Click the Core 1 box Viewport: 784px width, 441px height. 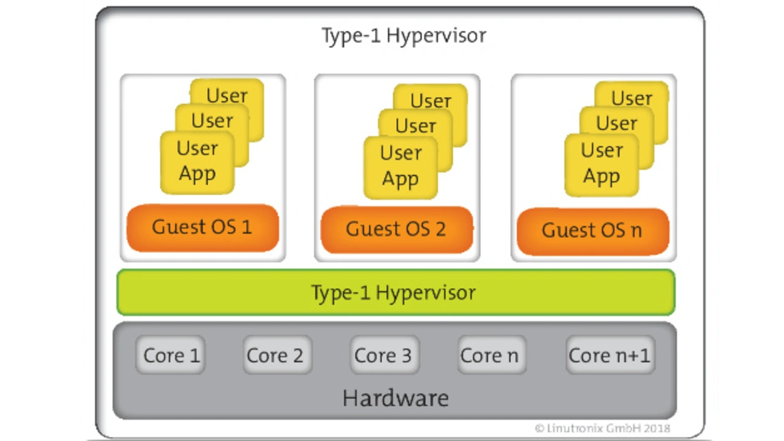point(170,355)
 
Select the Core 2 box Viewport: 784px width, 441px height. point(277,355)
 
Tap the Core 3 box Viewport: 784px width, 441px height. point(385,355)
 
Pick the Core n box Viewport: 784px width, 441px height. point(492,355)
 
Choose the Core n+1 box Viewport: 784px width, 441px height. point(610,355)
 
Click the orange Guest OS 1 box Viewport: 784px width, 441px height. point(203,228)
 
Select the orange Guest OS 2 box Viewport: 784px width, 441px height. point(397,229)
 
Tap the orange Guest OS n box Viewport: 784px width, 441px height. point(593,231)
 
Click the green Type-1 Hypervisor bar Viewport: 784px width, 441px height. point(396,292)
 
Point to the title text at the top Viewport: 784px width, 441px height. point(404,36)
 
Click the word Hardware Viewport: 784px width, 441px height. point(396,398)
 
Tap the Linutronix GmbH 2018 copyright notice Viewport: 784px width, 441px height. point(602,428)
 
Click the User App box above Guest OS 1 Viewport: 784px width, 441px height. point(197,163)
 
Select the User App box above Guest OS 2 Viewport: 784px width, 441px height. point(401,168)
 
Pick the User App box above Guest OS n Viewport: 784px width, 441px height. point(601,165)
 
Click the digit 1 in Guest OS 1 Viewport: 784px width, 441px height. point(246,227)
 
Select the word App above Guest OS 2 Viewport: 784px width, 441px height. point(400,180)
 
